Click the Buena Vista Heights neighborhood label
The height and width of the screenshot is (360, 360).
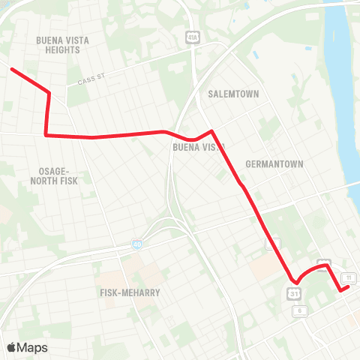point(58,44)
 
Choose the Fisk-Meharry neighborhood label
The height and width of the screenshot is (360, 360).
point(130,292)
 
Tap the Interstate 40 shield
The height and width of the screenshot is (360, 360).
point(136,244)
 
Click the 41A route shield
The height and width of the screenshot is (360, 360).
point(193,37)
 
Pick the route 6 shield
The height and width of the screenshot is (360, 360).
point(299,310)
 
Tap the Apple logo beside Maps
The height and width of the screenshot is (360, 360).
point(12,346)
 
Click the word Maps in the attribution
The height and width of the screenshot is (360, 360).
point(32,347)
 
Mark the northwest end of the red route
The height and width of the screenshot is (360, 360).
point(11,69)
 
